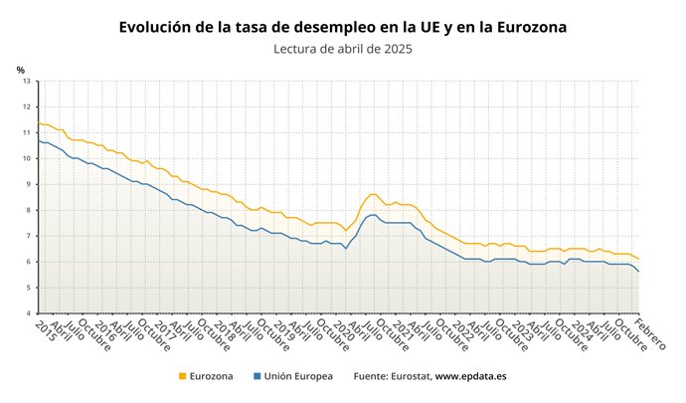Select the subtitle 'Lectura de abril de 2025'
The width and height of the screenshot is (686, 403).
tap(342, 48)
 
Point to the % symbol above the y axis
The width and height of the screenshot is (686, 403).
tap(20, 69)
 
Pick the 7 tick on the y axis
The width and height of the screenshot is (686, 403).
tap(28, 236)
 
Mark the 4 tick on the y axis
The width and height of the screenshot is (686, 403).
tap(28, 313)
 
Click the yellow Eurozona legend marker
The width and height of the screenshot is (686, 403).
tap(182, 377)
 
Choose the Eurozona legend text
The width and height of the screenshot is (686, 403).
tap(212, 377)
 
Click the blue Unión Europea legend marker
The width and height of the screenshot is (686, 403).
tap(257, 377)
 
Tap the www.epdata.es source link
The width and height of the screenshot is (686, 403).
tap(473, 377)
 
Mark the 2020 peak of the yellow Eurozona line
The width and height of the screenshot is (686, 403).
tap(373, 194)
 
